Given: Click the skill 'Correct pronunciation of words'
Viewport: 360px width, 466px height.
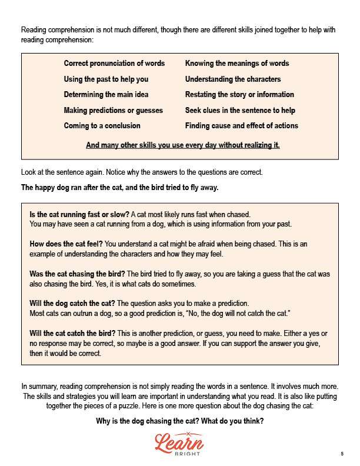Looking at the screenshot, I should click(114, 64).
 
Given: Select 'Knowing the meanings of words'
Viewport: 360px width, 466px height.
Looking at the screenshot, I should click(237, 64).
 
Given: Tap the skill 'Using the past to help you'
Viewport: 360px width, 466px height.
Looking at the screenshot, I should click(106, 79).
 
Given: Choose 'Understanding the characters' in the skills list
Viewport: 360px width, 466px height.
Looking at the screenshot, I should click(233, 79).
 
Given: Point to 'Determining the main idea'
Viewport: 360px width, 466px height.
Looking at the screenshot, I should click(106, 95).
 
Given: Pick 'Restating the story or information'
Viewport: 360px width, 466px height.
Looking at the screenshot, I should click(239, 95).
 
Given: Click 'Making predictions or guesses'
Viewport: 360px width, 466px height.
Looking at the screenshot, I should click(113, 111).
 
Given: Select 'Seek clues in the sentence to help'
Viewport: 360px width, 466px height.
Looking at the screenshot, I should click(240, 111).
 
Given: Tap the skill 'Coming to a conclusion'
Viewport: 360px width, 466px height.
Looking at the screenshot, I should click(102, 126).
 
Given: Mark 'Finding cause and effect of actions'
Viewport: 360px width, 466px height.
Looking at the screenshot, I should click(241, 126).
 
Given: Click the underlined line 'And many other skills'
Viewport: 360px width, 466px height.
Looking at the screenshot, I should click(182, 145).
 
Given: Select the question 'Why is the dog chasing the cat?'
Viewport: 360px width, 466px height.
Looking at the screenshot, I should click(180, 421).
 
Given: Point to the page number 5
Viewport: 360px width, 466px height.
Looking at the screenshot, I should click(342, 454).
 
